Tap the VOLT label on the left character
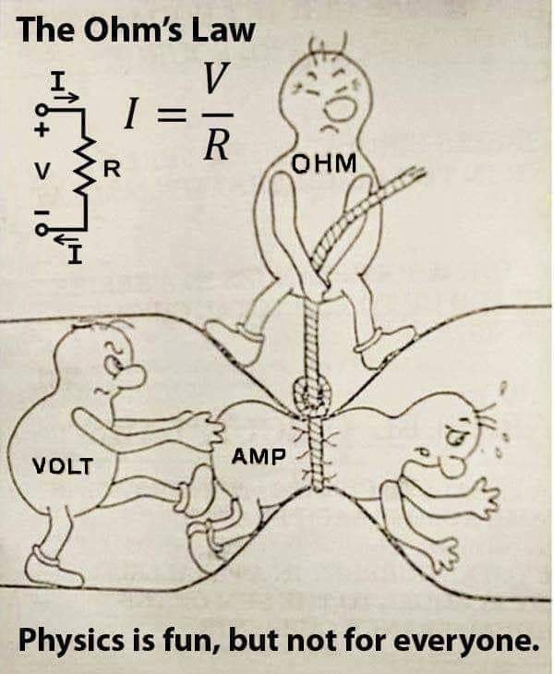point(63,465)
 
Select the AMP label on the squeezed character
point(259,456)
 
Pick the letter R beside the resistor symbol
point(111,169)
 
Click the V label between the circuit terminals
point(40,172)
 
